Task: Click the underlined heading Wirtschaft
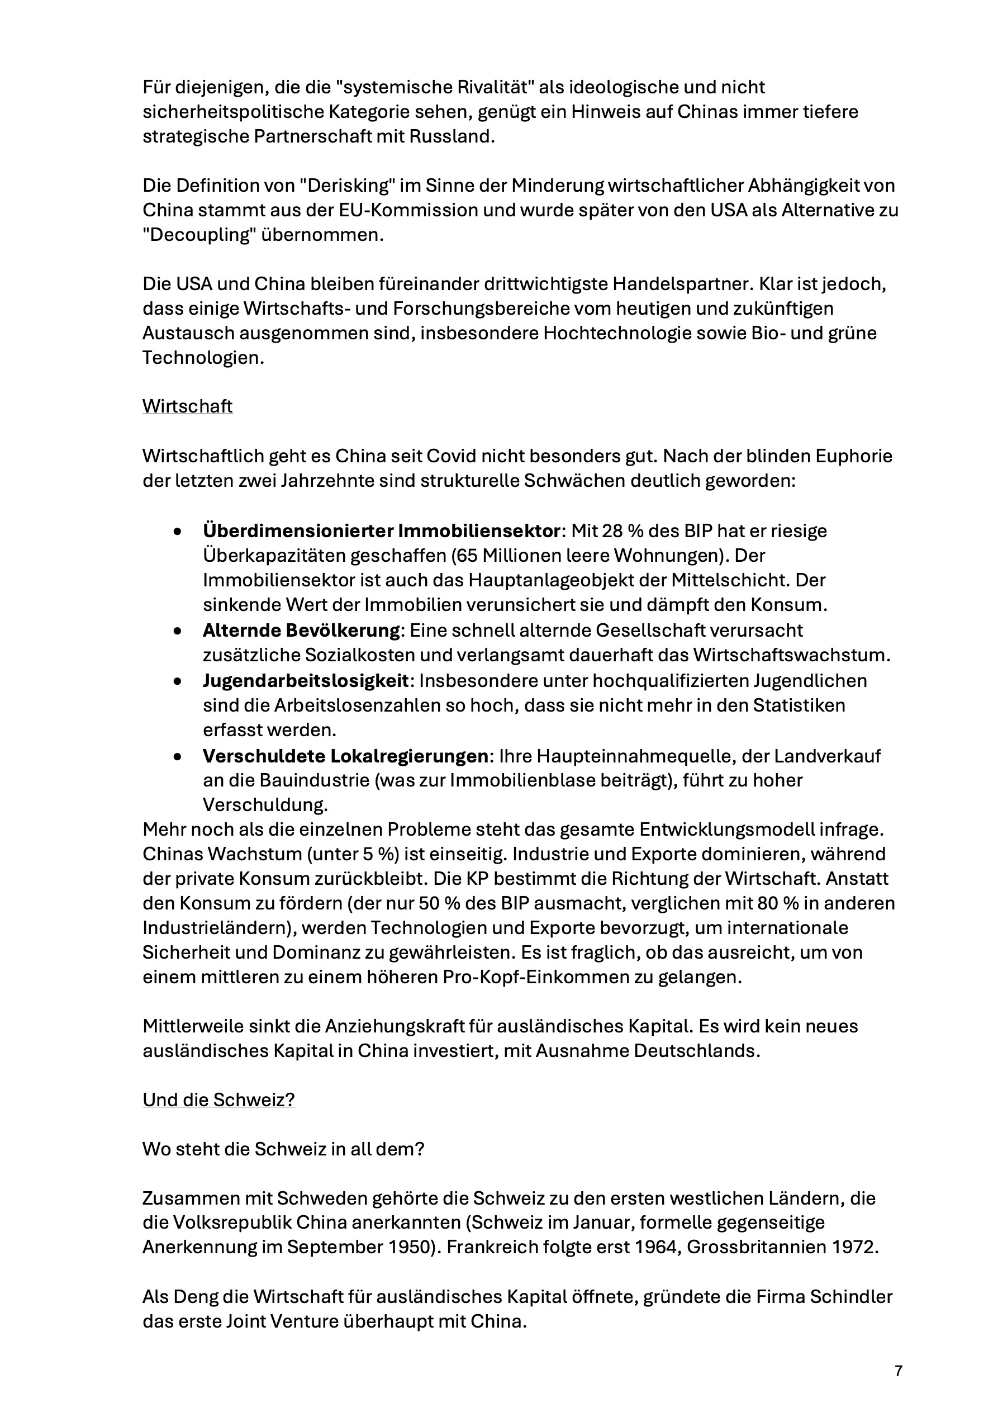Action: click(x=188, y=406)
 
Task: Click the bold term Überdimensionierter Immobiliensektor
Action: click(x=382, y=530)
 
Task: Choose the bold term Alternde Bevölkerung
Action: click(x=301, y=631)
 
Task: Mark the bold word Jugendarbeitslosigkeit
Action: click(x=306, y=681)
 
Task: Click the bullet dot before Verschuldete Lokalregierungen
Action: click(x=177, y=756)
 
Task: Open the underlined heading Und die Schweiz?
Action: click(x=218, y=1100)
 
